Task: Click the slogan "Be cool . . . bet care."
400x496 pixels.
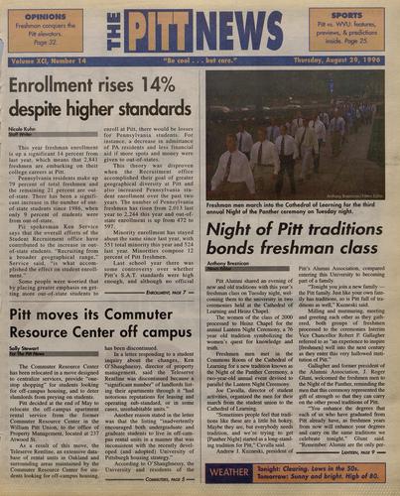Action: click(x=200, y=63)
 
